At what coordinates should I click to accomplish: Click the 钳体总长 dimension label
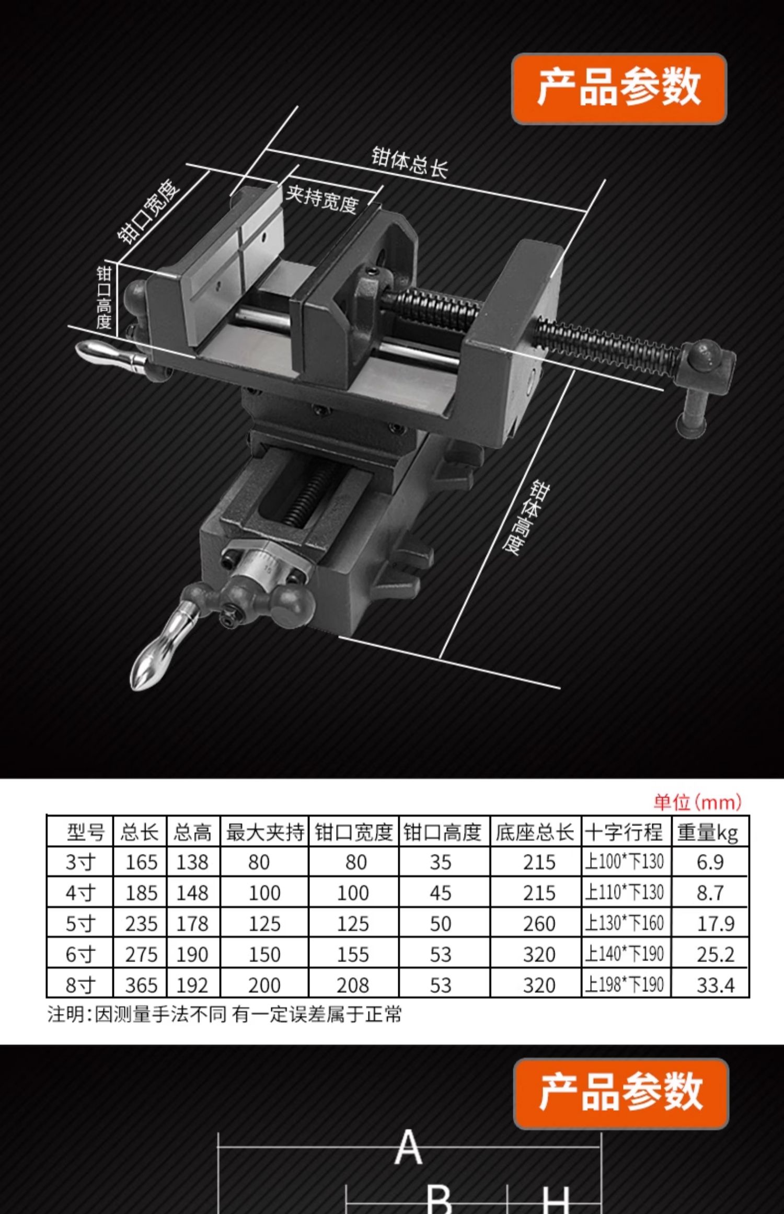point(410,163)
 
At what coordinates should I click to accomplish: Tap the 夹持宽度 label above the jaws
point(322,199)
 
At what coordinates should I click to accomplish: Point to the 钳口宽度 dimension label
point(148,211)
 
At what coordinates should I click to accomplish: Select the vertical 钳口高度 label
point(104,297)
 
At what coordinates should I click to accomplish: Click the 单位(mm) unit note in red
point(697,802)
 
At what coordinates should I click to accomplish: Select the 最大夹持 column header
point(265,832)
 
